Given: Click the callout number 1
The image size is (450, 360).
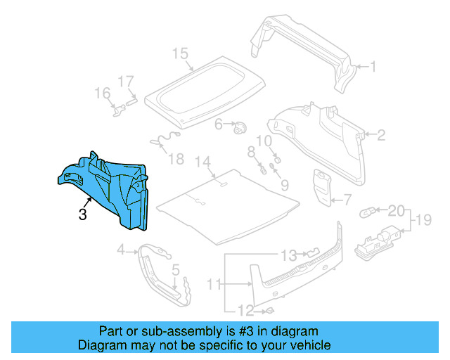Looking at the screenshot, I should point(374,67).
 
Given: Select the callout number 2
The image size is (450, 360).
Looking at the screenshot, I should point(382,134).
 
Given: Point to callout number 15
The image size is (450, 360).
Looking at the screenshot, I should point(181,53).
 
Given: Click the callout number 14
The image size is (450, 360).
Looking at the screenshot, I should point(203,162).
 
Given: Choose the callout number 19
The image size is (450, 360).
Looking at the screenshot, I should point(423,221).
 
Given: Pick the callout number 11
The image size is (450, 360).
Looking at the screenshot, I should point(214,284).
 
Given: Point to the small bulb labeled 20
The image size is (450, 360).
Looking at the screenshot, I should point(368,210).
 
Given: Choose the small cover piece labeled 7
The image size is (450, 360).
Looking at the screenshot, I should point(323,187).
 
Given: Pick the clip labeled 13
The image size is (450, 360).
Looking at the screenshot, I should point(312,253).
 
